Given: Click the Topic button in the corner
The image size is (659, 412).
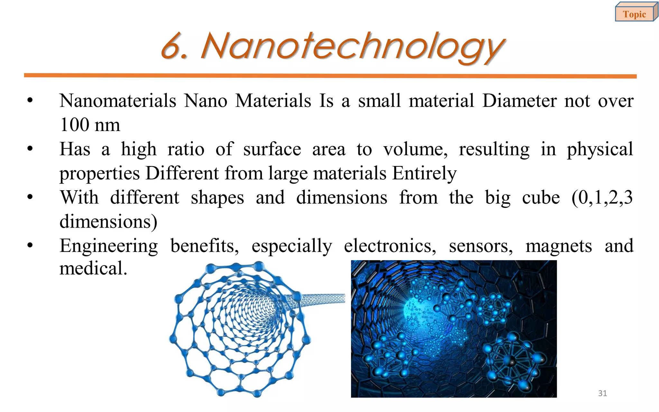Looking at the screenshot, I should click(635, 14).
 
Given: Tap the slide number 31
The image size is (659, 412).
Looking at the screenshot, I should click(602, 393).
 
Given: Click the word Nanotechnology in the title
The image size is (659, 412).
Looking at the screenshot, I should click(353, 47).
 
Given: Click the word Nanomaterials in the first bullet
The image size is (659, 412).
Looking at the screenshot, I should click(118, 101).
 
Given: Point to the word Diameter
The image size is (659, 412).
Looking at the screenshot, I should click(519, 101).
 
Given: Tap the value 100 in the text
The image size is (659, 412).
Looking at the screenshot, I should click(75, 125).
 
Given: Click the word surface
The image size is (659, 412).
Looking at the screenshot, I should click(272, 149).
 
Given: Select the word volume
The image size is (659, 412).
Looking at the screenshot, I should click(415, 149).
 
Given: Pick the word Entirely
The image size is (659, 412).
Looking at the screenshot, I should click(424, 173).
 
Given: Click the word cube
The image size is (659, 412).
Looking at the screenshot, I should click(541, 198).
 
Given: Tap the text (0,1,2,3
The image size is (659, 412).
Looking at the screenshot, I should click(602, 198).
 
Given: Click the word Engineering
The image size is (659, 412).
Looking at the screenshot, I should click(109, 247).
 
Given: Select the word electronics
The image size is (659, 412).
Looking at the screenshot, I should click(390, 246).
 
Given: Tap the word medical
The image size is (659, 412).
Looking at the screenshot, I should click(93, 268).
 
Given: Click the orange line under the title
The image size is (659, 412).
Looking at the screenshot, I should click(330, 76).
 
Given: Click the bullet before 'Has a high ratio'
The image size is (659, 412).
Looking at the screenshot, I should click(30, 149).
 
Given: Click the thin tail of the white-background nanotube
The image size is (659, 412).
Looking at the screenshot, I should click(325, 299).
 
